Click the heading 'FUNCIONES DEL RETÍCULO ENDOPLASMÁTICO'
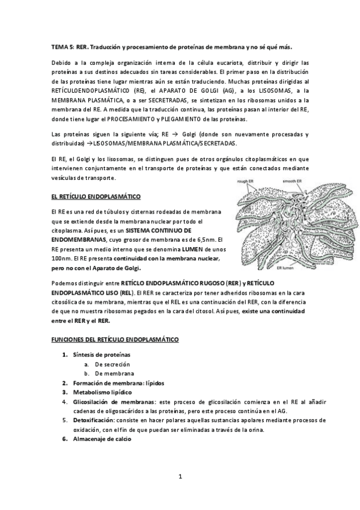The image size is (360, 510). pos(114,340)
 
